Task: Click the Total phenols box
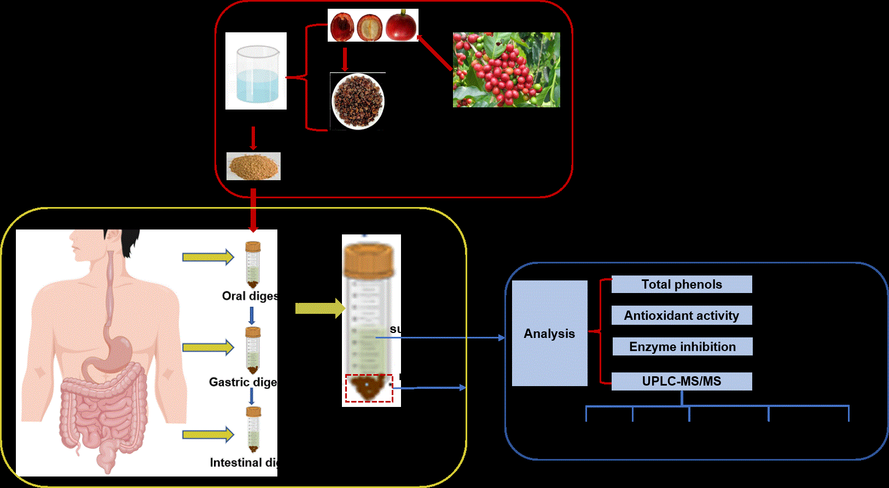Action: coord(682,284)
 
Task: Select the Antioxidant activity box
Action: coord(682,315)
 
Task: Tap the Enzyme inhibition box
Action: coord(682,347)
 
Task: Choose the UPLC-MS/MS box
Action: coord(682,381)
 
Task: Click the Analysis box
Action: coord(549,333)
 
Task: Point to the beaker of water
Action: coord(257,74)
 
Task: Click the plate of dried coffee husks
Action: coord(358,101)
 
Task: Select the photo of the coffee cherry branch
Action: coord(506,70)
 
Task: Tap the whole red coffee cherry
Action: coord(401,26)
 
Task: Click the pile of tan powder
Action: coord(253,166)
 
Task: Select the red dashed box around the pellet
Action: coord(369,388)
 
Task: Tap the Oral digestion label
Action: coord(249,296)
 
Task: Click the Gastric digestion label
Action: coord(243,382)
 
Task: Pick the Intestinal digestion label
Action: coord(243,463)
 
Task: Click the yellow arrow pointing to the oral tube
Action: coord(208,257)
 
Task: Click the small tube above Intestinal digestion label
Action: coord(253,430)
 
